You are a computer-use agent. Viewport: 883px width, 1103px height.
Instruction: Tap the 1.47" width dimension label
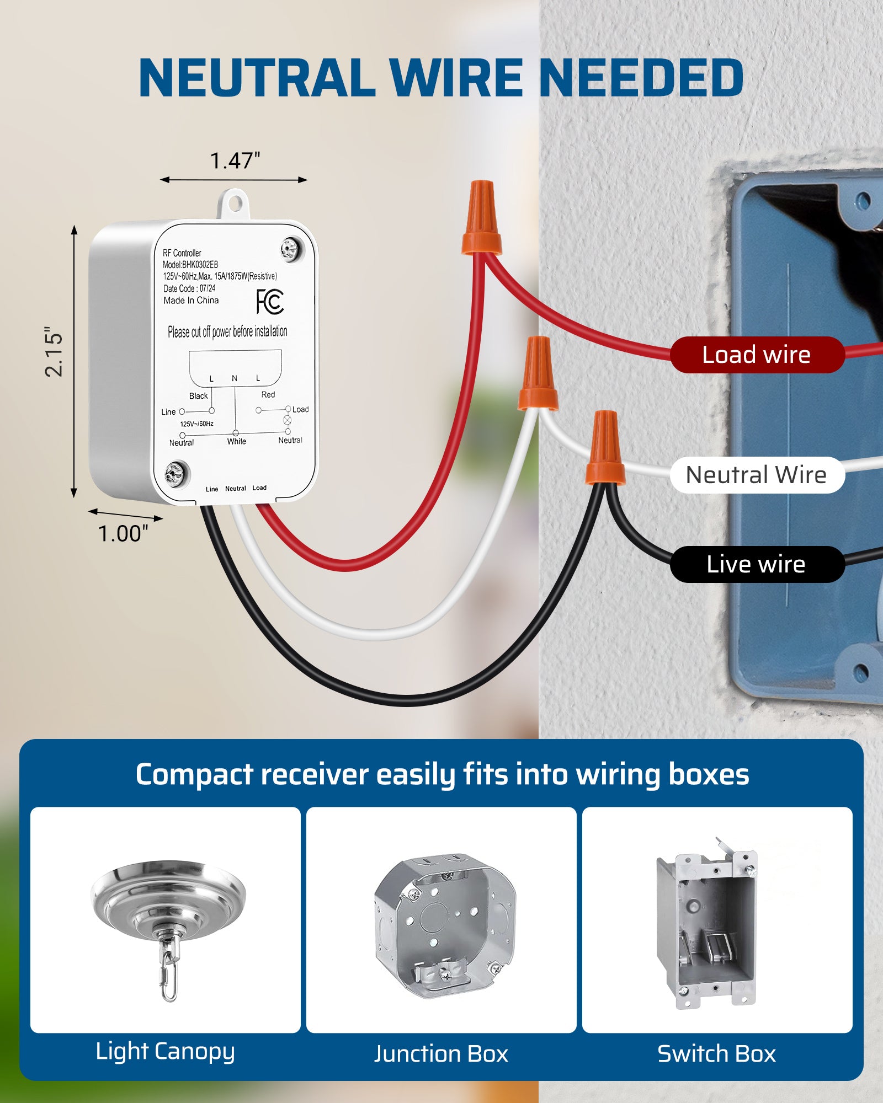coord(235,161)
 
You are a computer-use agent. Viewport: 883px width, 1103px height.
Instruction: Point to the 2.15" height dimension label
coord(54,353)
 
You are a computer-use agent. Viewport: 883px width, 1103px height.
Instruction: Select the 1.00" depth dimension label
coord(123,534)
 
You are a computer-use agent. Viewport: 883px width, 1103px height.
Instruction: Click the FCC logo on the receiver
coord(270,302)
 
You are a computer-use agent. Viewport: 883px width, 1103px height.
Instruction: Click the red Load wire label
coord(756,355)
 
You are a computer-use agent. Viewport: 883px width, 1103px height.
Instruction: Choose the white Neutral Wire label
coord(756,475)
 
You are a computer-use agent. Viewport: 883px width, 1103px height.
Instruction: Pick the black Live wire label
coord(756,564)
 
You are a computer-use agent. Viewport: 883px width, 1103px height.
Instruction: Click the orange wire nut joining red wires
coord(482,218)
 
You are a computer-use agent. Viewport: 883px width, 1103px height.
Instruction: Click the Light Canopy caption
coord(165,1052)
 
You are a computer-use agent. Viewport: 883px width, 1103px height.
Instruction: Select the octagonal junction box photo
coord(444,925)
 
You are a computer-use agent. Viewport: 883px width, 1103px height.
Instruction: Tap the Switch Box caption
coord(716,1054)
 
